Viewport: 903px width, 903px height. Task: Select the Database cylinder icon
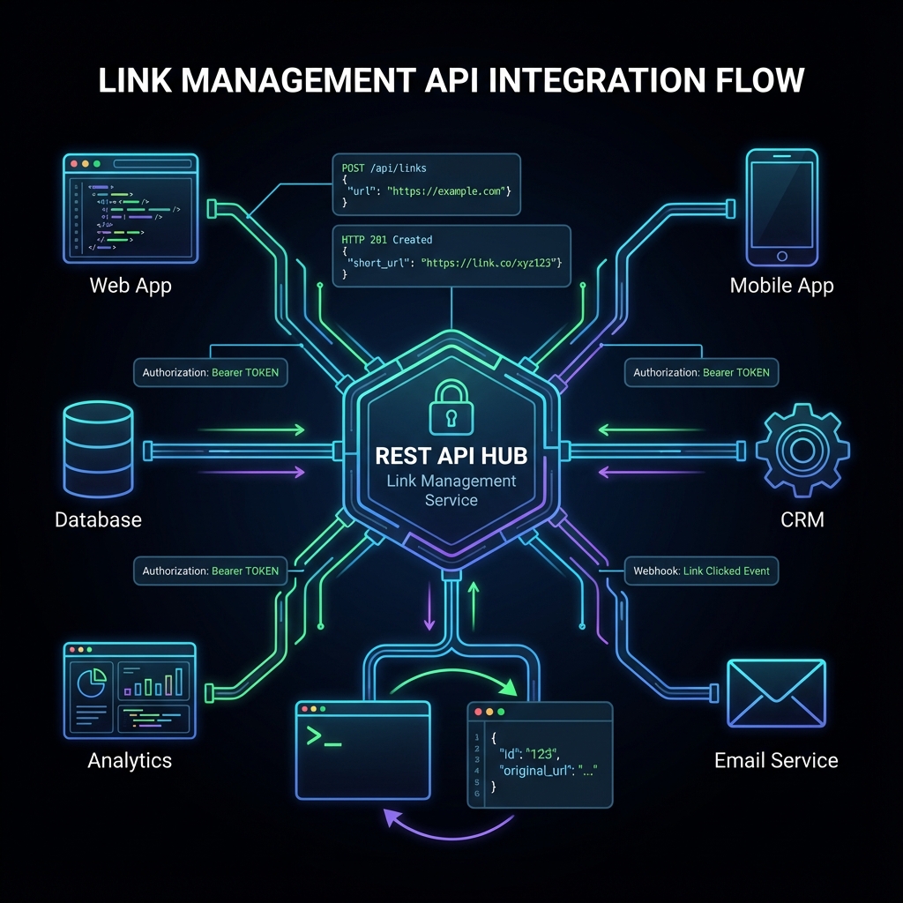98,451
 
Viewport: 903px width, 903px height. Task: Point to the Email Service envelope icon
776,694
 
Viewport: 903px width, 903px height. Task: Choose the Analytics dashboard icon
130,690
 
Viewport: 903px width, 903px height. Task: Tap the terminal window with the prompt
362,750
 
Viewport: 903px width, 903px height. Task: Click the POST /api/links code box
426,183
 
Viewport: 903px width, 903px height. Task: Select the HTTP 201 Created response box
451,255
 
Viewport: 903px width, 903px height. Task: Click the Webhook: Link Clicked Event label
701,571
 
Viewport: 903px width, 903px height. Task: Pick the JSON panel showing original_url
539,754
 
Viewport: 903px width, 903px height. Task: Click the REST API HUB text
451,456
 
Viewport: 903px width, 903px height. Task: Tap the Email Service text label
776,760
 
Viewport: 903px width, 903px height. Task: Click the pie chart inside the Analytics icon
92,682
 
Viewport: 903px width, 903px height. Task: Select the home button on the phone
781,256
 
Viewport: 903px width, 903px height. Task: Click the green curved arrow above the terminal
450,681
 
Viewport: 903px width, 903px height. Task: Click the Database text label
98,519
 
